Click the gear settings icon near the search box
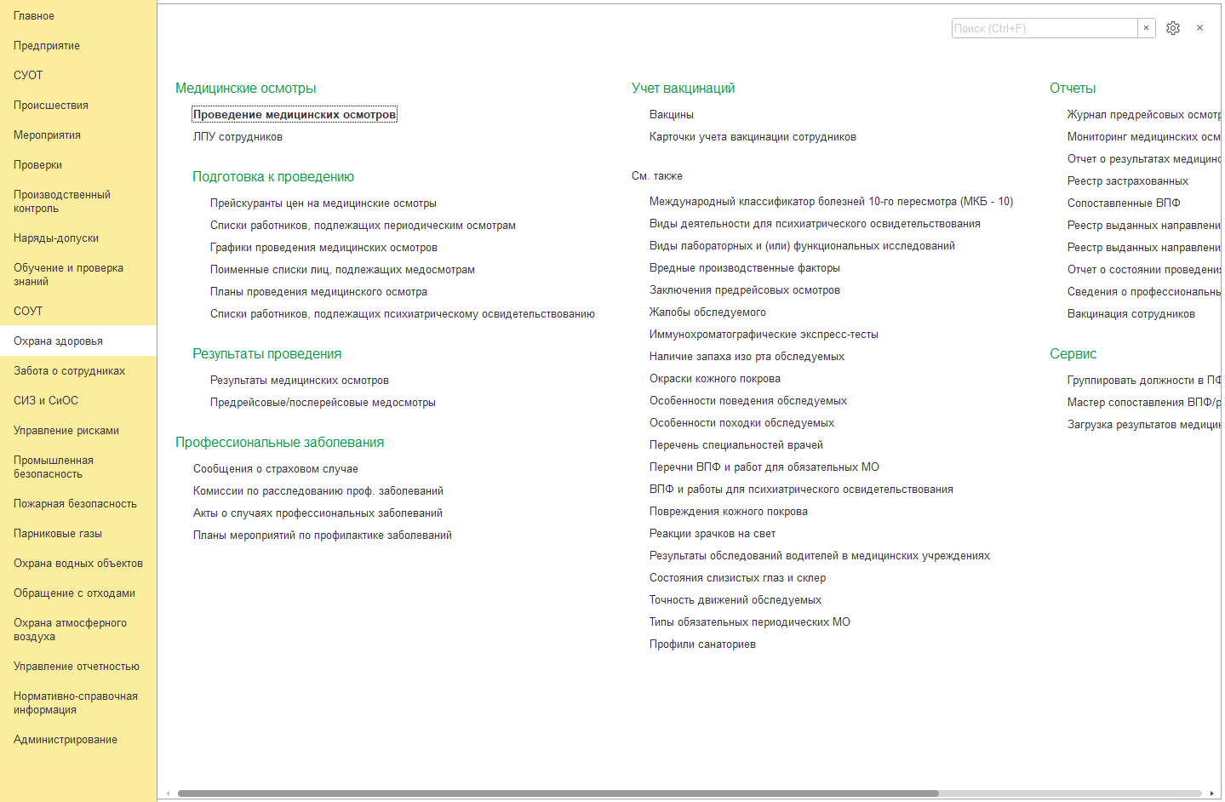[1173, 28]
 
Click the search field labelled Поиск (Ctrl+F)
[1044, 28]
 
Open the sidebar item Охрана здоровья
[58, 341]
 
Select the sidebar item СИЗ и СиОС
[46, 401]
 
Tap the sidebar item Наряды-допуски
[56, 238]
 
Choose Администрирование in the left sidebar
[66, 740]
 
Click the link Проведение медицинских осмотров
[295, 115]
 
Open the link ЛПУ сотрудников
[238, 137]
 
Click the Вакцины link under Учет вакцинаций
[672, 115]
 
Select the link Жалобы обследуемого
[707, 312]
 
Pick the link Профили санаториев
[702, 644]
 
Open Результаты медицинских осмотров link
[300, 381]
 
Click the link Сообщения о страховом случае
[276, 469]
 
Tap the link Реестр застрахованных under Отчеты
[1128, 181]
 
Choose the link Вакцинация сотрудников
[1131, 314]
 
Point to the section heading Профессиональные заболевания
[279, 443]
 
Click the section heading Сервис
[1073, 354]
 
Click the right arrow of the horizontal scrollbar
[1211, 793]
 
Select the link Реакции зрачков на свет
[713, 534]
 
